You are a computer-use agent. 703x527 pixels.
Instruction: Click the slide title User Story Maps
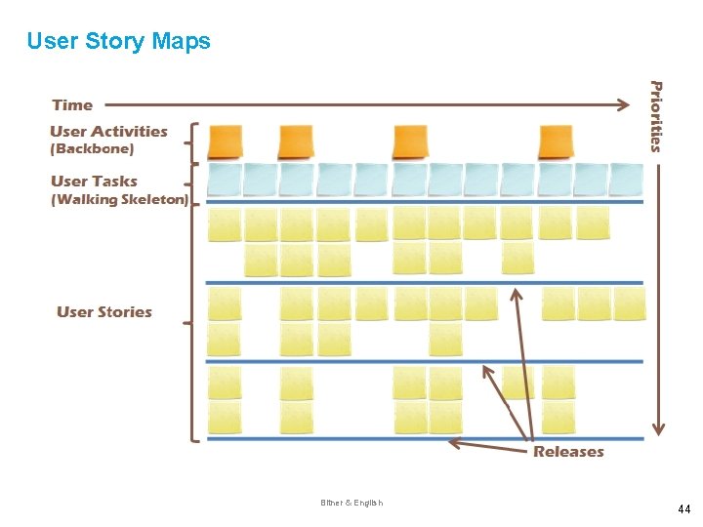pyautogui.click(x=118, y=41)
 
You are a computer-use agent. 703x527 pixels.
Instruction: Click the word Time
pyautogui.click(x=72, y=105)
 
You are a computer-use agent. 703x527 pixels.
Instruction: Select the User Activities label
pyautogui.click(x=108, y=132)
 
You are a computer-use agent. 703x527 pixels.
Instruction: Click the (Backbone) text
pyautogui.click(x=92, y=149)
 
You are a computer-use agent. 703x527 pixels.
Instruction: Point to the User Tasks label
pyautogui.click(x=94, y=182)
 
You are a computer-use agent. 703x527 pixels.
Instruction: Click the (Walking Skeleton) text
pyautogui.click(x=119, y=200)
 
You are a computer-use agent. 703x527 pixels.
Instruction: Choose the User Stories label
pyautogui.click(x=104, y=312)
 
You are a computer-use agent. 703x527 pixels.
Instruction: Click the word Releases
pyautogui.click(x=568, y=452)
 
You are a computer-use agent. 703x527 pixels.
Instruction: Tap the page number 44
pyautogui.click(x=683, y=509)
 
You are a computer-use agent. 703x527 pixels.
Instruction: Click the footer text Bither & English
pyautogui.click(x=351, y=503)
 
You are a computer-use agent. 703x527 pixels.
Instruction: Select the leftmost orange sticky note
pyautogui.click(x=226, y=142)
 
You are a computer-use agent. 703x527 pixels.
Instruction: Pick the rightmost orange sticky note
pyautogui.click(x=556, y=142)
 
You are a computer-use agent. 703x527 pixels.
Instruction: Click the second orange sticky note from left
pyautogui.click(x=295, y=142)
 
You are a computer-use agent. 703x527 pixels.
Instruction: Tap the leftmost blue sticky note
pyautogui.click(x=225, y=180)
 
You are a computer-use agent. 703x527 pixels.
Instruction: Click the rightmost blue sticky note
pyautogui.click(x=627, y=180)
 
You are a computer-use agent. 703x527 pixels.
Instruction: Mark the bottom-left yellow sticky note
pyautogui.click(x=225, y=418)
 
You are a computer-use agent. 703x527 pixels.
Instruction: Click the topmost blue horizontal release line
pyautogui.click(x=425, y=202)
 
